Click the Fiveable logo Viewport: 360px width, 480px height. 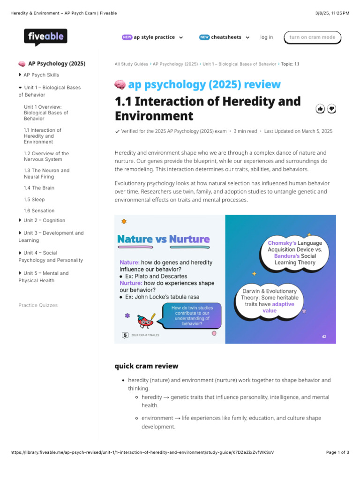point(45,37)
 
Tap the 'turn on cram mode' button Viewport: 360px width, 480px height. point(312,37)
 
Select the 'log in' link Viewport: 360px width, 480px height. point(266,37)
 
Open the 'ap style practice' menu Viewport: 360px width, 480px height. point(152,37)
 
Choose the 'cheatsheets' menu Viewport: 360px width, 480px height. point(225,37)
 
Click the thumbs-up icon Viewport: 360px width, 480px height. point(321,109)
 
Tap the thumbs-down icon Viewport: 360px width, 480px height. point(332,109)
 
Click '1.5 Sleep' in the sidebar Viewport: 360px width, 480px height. point(34,200)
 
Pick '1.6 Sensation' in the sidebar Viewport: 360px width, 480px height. point(39,211)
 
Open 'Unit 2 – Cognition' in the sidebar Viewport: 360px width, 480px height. point(44,220)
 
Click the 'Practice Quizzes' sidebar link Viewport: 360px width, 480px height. point(38,305)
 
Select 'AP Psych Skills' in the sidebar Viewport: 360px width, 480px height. point(41,75)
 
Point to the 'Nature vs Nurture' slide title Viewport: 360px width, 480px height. point(163,240)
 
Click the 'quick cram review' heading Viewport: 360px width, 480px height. point(146,366)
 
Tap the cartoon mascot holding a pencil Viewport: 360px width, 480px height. point(146,321)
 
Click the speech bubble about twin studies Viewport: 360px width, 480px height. point(191,315)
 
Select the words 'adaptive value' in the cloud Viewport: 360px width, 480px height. point(276,307)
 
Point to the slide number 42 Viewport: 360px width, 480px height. point(324,337)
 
